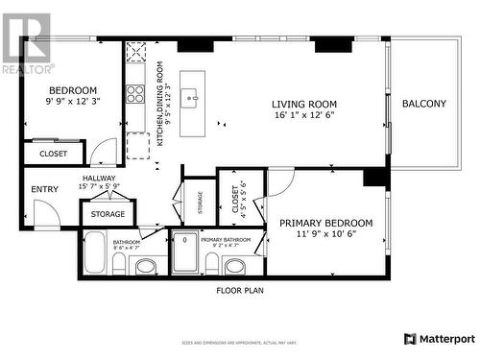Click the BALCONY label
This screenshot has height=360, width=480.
pos(423,104)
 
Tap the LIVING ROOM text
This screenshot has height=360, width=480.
pos(303,105)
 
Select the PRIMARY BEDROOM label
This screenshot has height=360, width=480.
pos(325,223)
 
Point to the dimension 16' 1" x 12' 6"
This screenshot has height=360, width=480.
pos(303,116)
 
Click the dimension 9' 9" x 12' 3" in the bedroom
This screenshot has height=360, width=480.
pos(72,102)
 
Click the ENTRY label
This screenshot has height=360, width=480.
pos(44,189)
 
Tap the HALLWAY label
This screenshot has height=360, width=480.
pos(98,178)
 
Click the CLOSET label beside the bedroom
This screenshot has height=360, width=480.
pos(53,154)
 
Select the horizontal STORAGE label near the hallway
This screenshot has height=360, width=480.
pos(108,214)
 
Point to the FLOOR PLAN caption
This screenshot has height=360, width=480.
pos(239,289)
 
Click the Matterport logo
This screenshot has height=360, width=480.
pos(439,339)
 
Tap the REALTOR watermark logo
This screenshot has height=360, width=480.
pos(26,43)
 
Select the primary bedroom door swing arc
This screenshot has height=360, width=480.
pos(279,180)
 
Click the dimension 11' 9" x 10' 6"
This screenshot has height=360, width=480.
pos(325,234)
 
